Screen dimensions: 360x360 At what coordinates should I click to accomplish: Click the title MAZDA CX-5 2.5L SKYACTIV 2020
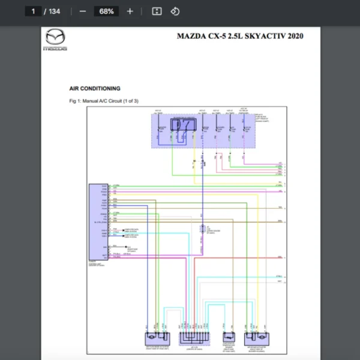240,36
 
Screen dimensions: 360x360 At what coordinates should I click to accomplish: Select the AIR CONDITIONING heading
95,88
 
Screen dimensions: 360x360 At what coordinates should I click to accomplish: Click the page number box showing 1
34,11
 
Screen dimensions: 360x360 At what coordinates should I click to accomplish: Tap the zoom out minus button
83,11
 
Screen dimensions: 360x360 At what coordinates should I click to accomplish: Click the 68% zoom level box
107,11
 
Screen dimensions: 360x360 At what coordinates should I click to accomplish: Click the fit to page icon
157,11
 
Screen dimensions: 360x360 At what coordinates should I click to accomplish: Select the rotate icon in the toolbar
175,11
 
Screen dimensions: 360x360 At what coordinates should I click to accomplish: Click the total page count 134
55,11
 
